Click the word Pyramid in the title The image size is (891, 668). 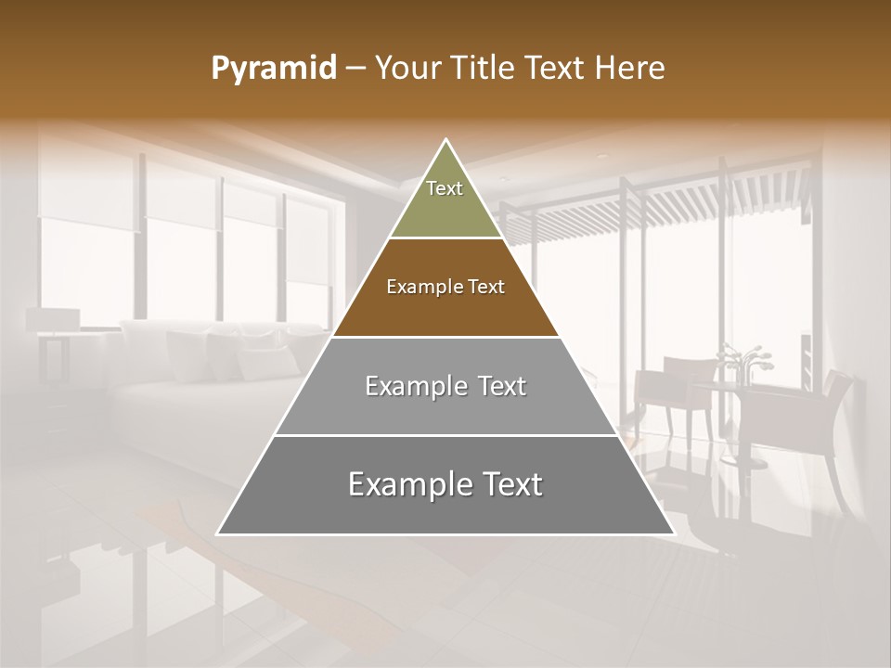tap(274, 69)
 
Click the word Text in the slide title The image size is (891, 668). tap(556, 69)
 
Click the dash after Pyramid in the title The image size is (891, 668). tap(355, 69)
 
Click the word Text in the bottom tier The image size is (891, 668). tap(507, 484)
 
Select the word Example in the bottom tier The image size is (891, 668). tap(405, 484)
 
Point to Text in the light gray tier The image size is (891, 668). tap(497, 386)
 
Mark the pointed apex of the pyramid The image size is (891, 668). tap(446, 141)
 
